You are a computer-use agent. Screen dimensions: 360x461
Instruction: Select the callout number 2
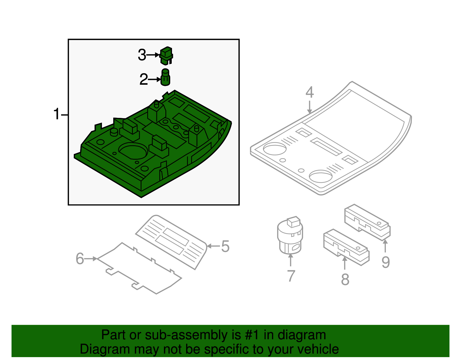143,80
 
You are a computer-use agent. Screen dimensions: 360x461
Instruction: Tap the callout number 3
142,55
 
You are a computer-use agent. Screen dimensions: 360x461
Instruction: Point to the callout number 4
309,92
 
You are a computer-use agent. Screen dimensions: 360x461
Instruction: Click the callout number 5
225,246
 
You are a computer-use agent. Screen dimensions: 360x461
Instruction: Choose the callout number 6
80,259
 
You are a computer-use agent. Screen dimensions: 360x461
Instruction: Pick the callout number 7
291,276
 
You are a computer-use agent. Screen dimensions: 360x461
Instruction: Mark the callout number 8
345,279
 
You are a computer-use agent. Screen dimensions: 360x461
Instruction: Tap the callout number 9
386,262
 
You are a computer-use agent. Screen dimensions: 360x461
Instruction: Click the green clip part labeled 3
166,56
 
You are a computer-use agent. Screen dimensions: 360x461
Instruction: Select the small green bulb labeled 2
165,78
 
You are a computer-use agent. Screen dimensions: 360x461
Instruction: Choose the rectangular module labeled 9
367,222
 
